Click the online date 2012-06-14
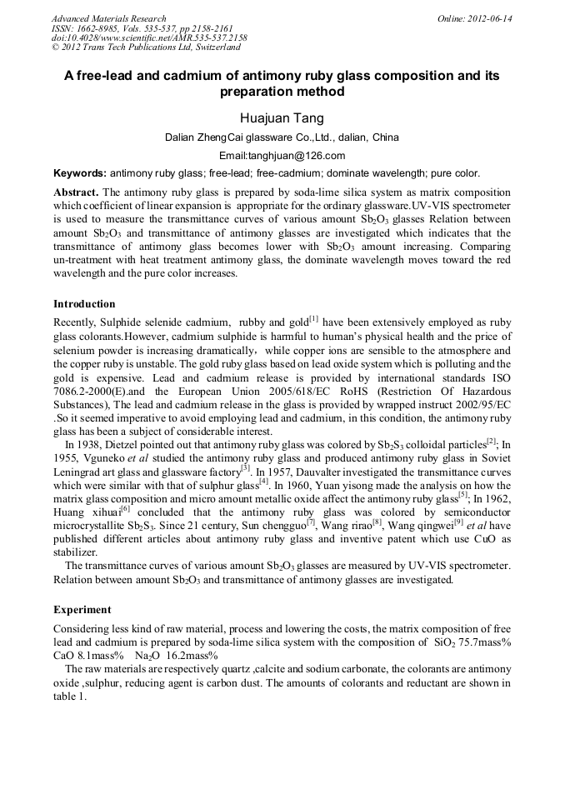coord(490,18)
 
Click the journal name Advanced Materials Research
coord(108,18)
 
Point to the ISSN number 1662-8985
coord(99,28)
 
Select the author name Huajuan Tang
coord(282,118)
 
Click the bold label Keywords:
coord(80,173)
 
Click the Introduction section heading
coord(84,303)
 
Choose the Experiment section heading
coord(82,609)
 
